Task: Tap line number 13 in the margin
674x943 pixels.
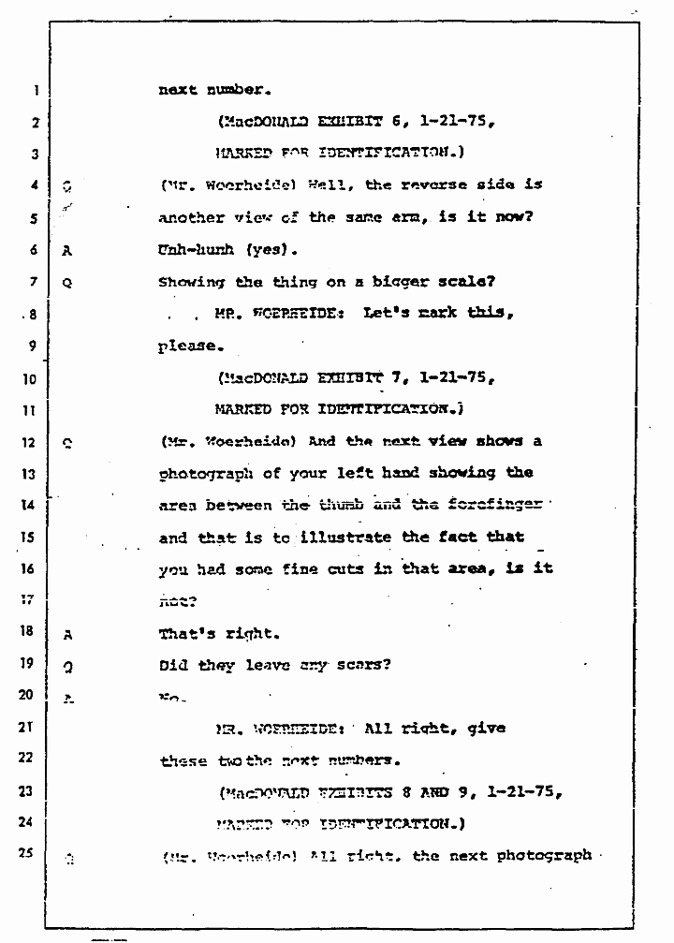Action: [x=29, y=474]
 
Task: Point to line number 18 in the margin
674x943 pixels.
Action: [x=29, y=633]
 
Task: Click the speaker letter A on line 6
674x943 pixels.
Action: [x=66, y=251]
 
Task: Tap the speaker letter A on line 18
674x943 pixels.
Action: [x=67, y=634]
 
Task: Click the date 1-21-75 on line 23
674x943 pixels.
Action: [x=527, y=791]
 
